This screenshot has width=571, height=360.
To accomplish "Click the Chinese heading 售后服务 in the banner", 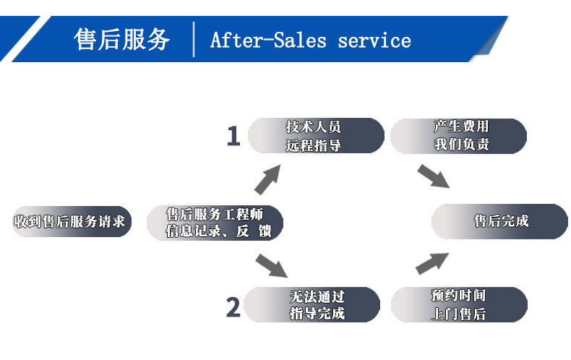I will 122,39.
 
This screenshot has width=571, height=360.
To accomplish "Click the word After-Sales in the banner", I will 268,40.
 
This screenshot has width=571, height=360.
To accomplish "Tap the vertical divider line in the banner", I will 194,39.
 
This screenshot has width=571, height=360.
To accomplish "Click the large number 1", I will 233,136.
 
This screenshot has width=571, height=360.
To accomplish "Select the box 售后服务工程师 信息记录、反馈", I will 214,223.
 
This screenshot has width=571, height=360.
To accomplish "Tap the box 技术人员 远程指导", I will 315,136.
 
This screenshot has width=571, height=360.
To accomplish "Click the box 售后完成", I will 500,221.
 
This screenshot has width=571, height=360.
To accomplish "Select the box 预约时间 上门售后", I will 459,304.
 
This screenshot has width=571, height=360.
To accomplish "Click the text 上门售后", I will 458,314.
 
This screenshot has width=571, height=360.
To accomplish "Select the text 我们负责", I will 462,145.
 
